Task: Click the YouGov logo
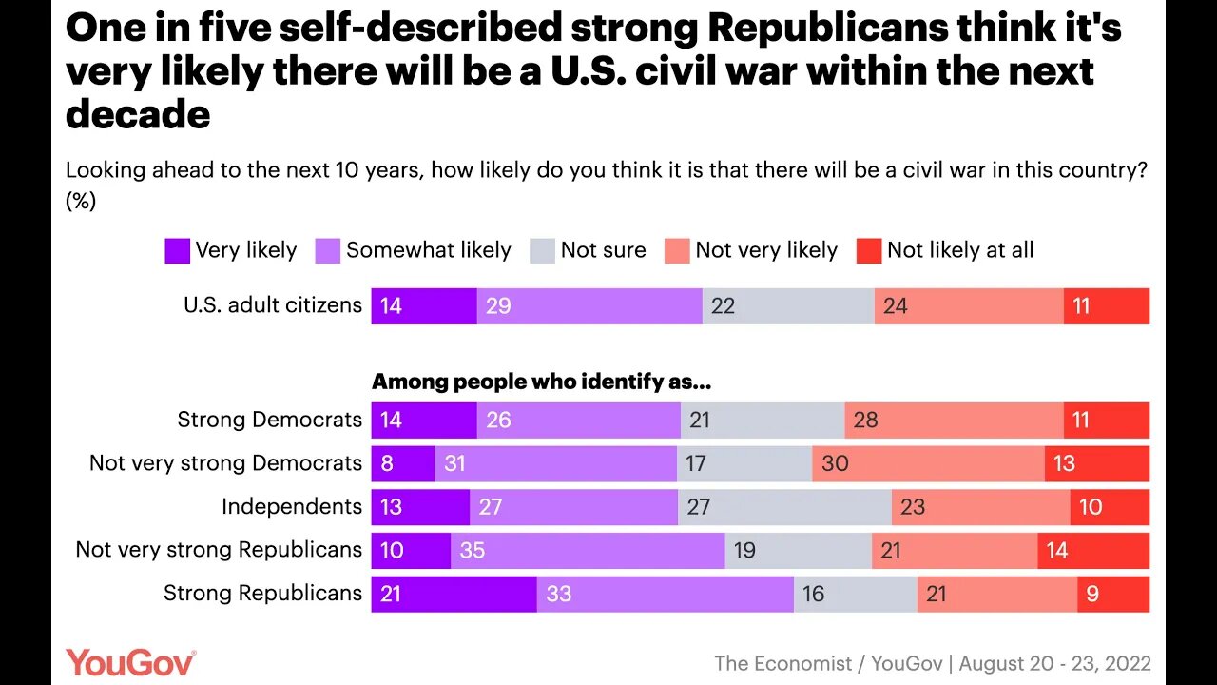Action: [130, 662]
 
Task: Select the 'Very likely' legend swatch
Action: [177, 250]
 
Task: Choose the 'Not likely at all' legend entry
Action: [945, 250]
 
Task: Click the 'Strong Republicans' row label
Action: [262, 593]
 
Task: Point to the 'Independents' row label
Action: [291, 506]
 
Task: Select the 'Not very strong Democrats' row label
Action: [225, 462]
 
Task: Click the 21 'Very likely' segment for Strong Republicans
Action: [454, 594]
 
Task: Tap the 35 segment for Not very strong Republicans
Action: [587, 550]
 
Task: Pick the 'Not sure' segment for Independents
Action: [784, 506]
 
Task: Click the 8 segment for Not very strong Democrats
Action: [402, 462]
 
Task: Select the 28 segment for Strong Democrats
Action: [954, 420]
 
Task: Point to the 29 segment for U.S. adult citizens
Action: [589, 306]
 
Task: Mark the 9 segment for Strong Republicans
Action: [1112, 594]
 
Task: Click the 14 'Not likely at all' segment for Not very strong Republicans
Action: [1092, 550]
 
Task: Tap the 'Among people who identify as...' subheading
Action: [541, 382]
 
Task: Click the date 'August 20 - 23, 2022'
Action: [1059, 663]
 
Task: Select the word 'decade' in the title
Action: [138, 114]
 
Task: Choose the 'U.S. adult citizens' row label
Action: [272, 305]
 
